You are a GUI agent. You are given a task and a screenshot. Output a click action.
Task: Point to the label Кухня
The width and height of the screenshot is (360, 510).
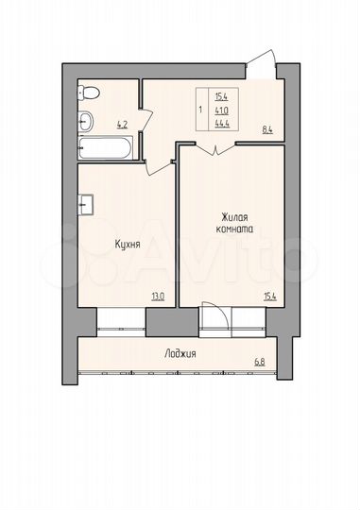click(x=128, y=244)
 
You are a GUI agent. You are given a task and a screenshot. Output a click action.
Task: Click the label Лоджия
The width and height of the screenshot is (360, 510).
click(x=180, y=354)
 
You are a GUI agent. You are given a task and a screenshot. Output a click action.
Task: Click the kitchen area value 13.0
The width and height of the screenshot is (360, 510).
click(x=157, y=296)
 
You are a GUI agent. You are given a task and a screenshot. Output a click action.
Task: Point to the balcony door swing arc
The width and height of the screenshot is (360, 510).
click(x=214, y=318)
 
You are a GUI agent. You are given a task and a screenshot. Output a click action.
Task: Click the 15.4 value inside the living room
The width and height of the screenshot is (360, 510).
click(x=270, y=296)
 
